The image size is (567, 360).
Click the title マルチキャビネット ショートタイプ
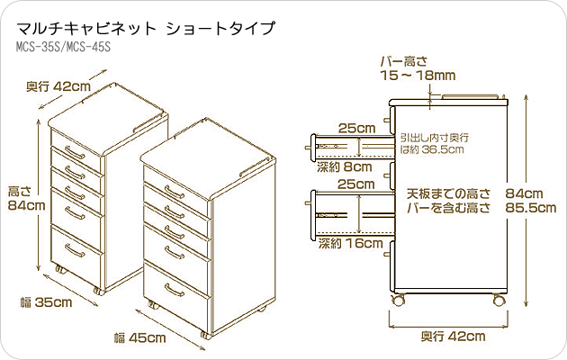(146, 28)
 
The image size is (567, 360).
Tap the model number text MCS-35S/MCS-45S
(63, 47)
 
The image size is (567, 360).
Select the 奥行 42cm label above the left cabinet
(58, 86)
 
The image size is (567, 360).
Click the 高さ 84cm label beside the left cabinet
(26, 198)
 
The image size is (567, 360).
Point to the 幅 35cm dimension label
(47, 302)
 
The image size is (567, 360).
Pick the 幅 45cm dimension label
(139, 338)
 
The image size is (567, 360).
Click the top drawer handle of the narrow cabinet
(75, 152)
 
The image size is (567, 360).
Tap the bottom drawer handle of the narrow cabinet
(75, 250)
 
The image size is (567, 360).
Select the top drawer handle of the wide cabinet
(175, 192)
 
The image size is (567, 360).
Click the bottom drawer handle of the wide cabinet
(175, 290)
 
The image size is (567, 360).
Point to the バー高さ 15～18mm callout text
(418, 68)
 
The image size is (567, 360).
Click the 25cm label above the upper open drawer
(356, 128)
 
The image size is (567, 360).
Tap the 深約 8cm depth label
(344, 166)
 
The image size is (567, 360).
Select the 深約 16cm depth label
(350, 243)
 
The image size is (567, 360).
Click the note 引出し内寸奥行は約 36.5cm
(435, 143)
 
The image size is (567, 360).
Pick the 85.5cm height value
(531, 208)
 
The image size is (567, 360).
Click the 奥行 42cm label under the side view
(453, 337)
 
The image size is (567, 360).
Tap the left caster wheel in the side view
(399, 300)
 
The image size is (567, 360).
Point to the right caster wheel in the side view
(499, 300)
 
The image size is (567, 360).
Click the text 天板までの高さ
(448, 193)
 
